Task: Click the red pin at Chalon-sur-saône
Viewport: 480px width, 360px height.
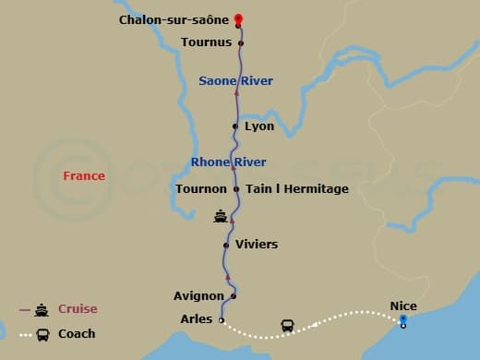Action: coord(238,18)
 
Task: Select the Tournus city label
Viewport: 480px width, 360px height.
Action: coord(206,42)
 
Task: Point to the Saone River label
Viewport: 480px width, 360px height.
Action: coord(235,81)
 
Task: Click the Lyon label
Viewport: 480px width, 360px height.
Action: coord(259,126)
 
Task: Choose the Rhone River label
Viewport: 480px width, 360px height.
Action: coord(228,162)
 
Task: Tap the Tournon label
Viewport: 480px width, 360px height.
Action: coord(201,189)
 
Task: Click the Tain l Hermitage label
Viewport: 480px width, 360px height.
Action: coord(297,189)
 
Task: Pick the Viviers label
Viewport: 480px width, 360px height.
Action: coord(257,245)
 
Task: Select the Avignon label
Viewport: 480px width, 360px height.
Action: coord(198,296)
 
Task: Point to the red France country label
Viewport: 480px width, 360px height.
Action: coord(84,176)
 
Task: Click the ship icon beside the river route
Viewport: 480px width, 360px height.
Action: coord(221,217)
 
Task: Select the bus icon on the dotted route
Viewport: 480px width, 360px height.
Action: coord(287,326)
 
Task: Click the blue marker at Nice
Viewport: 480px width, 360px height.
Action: coord(403,320)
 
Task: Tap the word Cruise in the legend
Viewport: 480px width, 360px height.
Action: coord(78,309)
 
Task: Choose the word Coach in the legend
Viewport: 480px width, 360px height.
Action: coord(77,334)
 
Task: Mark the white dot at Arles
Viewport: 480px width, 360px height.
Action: coord(221,320)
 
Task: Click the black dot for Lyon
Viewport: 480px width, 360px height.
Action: coord(236,126)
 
